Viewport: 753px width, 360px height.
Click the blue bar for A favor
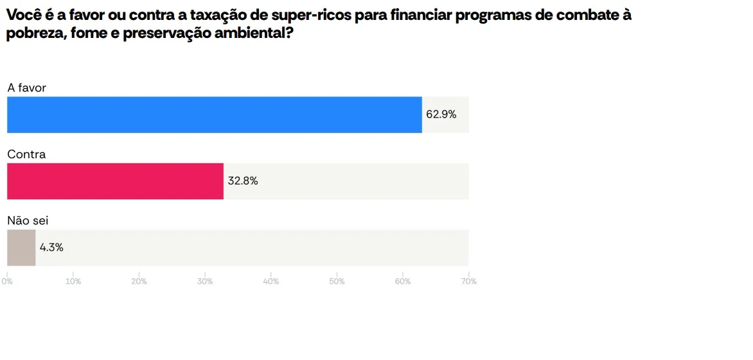pos(214,115)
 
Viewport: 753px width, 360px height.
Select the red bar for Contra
pos(115,181)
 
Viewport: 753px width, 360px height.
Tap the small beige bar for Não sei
pos(21,248)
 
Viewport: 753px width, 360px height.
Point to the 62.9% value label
pos(441,115)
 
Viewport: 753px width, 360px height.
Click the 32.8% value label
pos(243,181)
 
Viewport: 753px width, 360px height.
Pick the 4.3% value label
pos(51,248)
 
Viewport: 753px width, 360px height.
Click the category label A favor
pos(27,88)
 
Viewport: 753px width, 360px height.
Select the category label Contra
pos(26,154)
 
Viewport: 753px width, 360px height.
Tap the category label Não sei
pos(28,221)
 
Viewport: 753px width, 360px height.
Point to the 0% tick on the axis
pos(7,282)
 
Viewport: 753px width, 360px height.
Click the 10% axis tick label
pos(73,282)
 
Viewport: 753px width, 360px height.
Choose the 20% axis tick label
pos(139,282)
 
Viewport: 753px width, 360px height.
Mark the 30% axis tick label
pos(205,282)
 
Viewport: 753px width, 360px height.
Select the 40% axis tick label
pos(271,282)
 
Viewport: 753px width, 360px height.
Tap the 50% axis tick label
pos(337,282)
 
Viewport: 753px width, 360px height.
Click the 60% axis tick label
pos(403,282)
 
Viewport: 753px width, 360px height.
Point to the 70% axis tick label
pos(469,282)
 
